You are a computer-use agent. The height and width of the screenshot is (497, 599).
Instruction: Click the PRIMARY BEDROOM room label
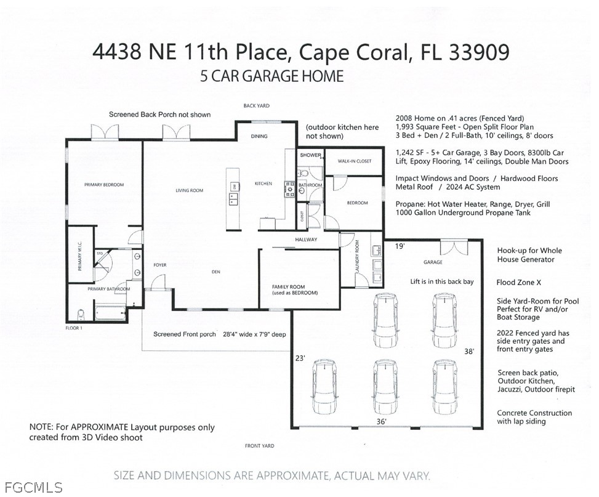click(104, 185)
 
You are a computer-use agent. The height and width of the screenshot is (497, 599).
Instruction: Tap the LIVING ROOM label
click(190, 190)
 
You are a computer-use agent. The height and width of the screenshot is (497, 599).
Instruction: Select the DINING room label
click(259, 136)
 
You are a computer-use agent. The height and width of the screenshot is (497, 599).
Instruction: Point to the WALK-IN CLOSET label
click(355, 161)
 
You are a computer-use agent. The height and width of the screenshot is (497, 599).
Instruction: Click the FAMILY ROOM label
click(289, 287)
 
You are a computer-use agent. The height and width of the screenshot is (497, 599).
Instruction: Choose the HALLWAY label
click(306, 240)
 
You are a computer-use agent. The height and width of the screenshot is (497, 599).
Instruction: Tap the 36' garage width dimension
click(381, 421)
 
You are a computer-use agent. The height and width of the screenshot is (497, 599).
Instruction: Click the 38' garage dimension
click(469, 351)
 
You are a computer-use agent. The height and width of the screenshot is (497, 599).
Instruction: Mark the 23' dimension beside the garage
click(300, 358)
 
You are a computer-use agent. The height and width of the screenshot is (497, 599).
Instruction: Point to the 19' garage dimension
click(400, 246)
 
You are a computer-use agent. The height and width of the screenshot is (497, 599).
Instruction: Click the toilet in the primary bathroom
click(81, 314)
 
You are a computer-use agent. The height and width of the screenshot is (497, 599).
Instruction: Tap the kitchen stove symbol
click(289, 190)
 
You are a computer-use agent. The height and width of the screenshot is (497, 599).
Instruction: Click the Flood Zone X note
click(518, 283)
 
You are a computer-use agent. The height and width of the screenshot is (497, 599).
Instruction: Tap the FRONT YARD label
click(259, 446)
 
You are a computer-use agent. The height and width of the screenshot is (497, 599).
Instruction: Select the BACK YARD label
click(256, 106)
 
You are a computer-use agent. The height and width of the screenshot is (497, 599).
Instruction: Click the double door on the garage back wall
click(454, 248)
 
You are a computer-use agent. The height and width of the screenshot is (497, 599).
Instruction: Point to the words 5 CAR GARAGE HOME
click(272, 76)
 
